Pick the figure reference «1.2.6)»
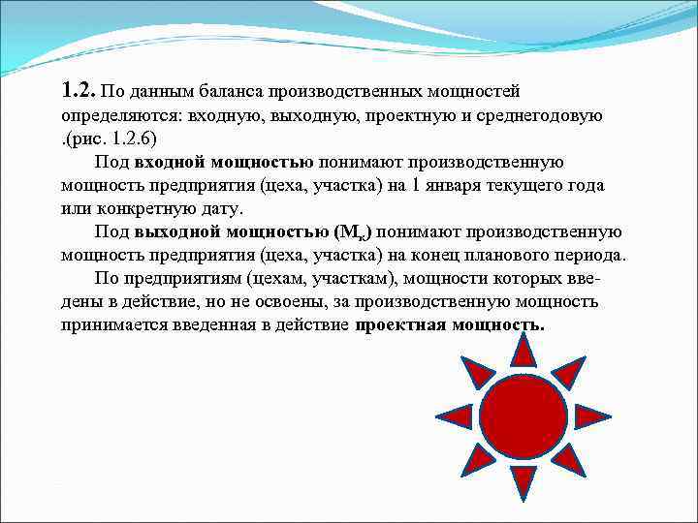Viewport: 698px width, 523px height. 129,139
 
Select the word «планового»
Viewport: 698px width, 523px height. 534,255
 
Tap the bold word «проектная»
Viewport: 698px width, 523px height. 397,324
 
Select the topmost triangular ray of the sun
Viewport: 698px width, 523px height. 523,352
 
